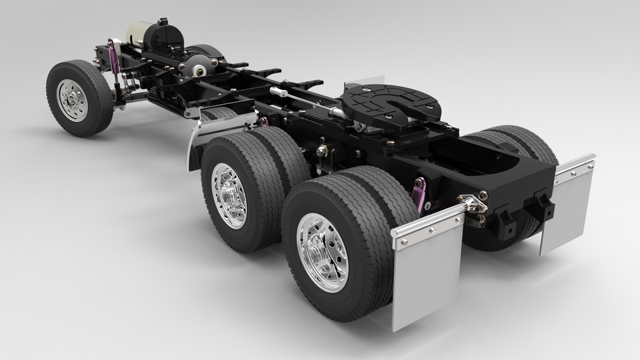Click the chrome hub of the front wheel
tap(72, 100)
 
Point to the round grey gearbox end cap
tap(199, 64)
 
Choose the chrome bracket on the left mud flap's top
tap(427, 221)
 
